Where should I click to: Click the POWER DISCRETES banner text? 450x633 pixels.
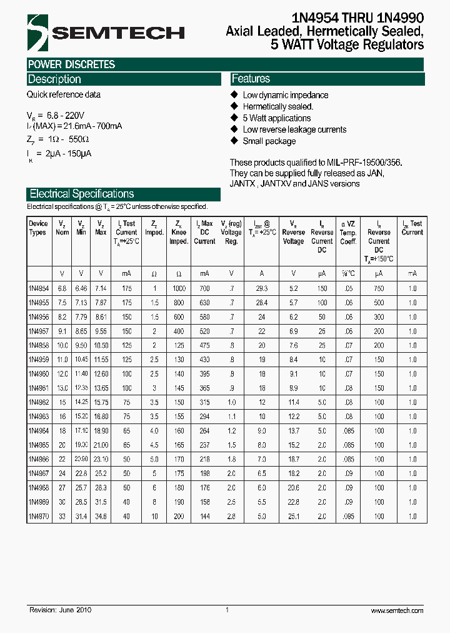click(71, 64)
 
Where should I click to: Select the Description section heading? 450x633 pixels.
click(54, 79)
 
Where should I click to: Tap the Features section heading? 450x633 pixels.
click(251, 79)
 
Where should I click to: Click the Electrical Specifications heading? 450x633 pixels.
click(81, 194)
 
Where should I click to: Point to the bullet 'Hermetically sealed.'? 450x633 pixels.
click(273, 106)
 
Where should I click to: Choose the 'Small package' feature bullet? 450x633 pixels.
click(269, 141)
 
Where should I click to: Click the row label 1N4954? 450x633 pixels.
click(38, 288)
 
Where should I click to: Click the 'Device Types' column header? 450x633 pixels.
click(38, 228)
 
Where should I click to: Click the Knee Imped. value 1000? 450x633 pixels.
click(179, 288)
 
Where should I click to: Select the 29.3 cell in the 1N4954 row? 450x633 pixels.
click(261, 288)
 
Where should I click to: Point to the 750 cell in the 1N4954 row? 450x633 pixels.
click(379, 288)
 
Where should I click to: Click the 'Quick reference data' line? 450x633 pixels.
click(63, 95)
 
